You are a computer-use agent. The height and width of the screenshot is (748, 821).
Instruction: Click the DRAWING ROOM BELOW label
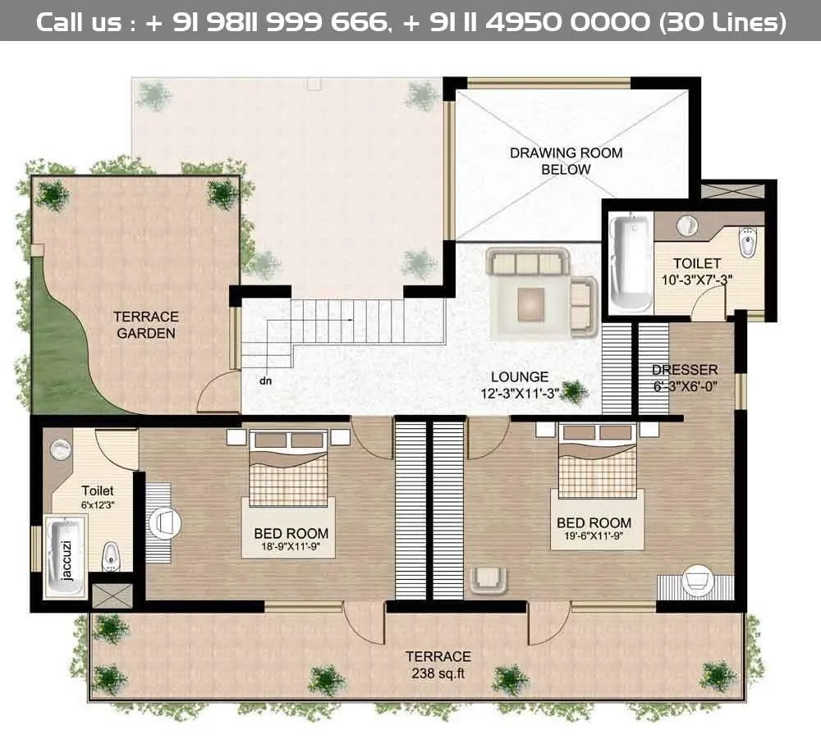click(x=566, y=161)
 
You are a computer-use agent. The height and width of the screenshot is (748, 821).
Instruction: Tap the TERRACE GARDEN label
click(x=145, y=325)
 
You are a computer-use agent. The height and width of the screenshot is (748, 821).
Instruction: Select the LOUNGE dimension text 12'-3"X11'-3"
click(x=521, y=394)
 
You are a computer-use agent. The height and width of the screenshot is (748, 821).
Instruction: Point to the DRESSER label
click(x=684, y=369)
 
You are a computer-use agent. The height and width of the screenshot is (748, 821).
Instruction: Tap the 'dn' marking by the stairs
click(x=265, y=381)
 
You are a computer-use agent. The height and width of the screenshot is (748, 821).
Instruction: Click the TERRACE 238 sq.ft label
click(x=438, y=664)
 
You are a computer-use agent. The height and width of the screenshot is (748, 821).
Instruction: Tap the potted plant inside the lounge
click(x=575, y=392)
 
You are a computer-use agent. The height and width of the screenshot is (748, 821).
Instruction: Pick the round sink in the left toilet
click(x=61, y=449)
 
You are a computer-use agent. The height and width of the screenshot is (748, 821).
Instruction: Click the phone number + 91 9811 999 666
click(x=265, y=21)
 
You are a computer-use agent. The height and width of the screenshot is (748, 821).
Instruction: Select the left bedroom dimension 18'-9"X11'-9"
click(x=291, y=547)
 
